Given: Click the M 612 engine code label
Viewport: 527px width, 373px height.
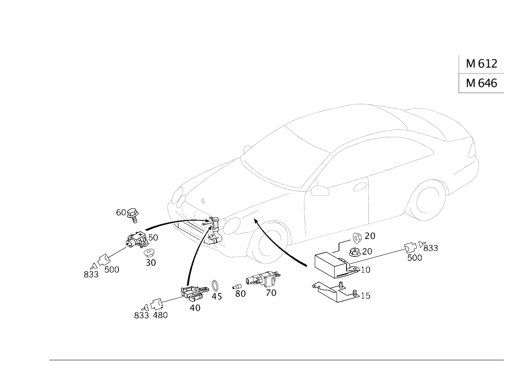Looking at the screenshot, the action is (x=481, y=64).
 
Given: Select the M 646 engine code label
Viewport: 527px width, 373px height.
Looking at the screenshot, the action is (x=481, y=83).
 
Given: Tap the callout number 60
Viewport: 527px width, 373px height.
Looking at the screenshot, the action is (x=121, y=212).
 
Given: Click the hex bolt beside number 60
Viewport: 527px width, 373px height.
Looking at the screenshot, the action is (x=133, y=216).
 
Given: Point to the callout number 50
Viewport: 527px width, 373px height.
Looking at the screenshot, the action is (x=153, y=238).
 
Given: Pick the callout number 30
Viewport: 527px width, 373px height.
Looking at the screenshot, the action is (x=151, y=263).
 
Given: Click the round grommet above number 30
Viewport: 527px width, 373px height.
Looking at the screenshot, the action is (x=148, y=253).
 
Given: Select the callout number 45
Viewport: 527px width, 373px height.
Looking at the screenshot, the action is (x=217, y=297).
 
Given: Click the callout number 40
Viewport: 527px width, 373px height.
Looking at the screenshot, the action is (x=195, y=308).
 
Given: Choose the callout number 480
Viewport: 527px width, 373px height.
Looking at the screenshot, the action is (x=160, y=315).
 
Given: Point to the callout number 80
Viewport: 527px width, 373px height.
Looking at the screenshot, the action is (x=240, y=294).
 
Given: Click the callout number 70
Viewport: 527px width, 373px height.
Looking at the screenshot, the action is (x=271, y=293).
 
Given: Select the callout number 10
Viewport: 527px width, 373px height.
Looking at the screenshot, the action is (x=365, y=270).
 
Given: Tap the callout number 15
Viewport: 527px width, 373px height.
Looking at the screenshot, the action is (x=365, y=296).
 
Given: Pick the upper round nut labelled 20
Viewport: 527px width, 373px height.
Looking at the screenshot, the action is (x=356, y=238).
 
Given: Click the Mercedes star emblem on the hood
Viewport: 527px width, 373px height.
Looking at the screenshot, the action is (x=203, y=201).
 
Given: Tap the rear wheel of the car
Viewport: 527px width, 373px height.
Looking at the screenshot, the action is (x=426, y=200).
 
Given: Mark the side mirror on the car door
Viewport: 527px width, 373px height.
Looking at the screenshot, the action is (x=320, y=190).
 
